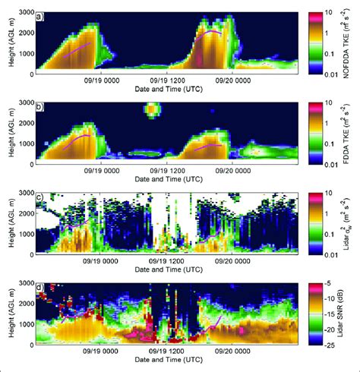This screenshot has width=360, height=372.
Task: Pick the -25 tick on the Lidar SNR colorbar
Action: click(330, 345)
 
